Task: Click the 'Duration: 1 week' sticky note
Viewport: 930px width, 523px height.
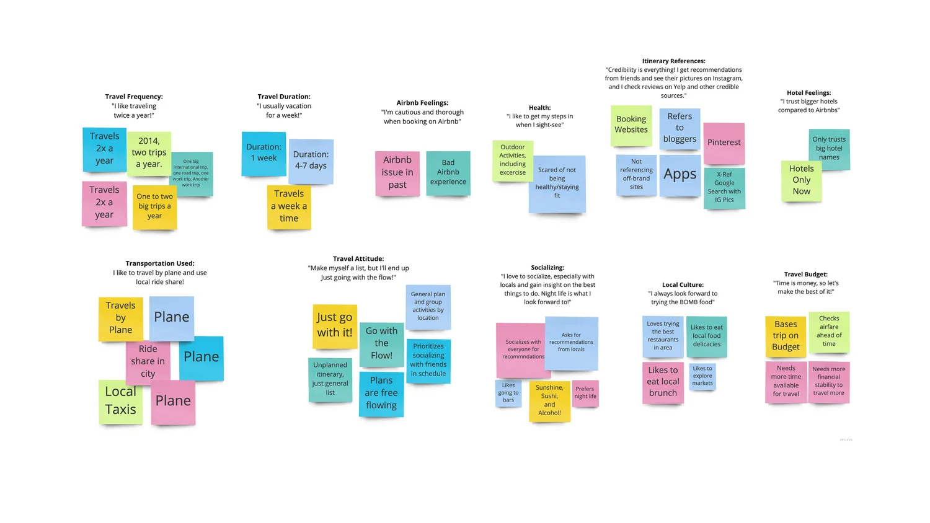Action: coord(263,153)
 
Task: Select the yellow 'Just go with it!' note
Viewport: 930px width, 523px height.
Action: coord(334,325)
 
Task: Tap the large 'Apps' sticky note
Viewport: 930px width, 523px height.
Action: coord(680,175)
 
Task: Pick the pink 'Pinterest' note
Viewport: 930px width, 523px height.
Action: coord(724,143)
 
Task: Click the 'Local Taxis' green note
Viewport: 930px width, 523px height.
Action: coord(120,401)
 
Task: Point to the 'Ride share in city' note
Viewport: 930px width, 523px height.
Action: coord(148,362)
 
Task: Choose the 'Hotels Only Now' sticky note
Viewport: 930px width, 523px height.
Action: coord(801,180)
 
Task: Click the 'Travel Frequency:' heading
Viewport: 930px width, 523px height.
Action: coord(134,97)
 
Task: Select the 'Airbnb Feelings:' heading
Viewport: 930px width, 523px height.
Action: coord(422,103)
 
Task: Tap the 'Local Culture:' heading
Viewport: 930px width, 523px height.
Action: coord(683,285)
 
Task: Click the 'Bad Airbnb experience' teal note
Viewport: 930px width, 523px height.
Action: coord(448,173)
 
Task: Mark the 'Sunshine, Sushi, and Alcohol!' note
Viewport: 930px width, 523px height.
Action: coord(549,400)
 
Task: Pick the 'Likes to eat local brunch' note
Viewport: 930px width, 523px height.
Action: coord(663,382)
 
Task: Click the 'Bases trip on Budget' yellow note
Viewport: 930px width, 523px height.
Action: coord(786,335)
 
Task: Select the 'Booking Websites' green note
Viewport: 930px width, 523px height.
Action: coord(631,125)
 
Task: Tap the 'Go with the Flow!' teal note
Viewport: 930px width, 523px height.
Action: coord(381,343)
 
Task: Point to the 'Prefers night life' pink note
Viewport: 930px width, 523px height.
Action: coord(585,393)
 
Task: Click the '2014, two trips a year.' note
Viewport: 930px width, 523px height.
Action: coord(149,153)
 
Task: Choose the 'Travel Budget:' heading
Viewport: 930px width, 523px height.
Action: coord(805,275)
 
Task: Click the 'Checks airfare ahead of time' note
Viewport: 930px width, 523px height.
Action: coord(829,332)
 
